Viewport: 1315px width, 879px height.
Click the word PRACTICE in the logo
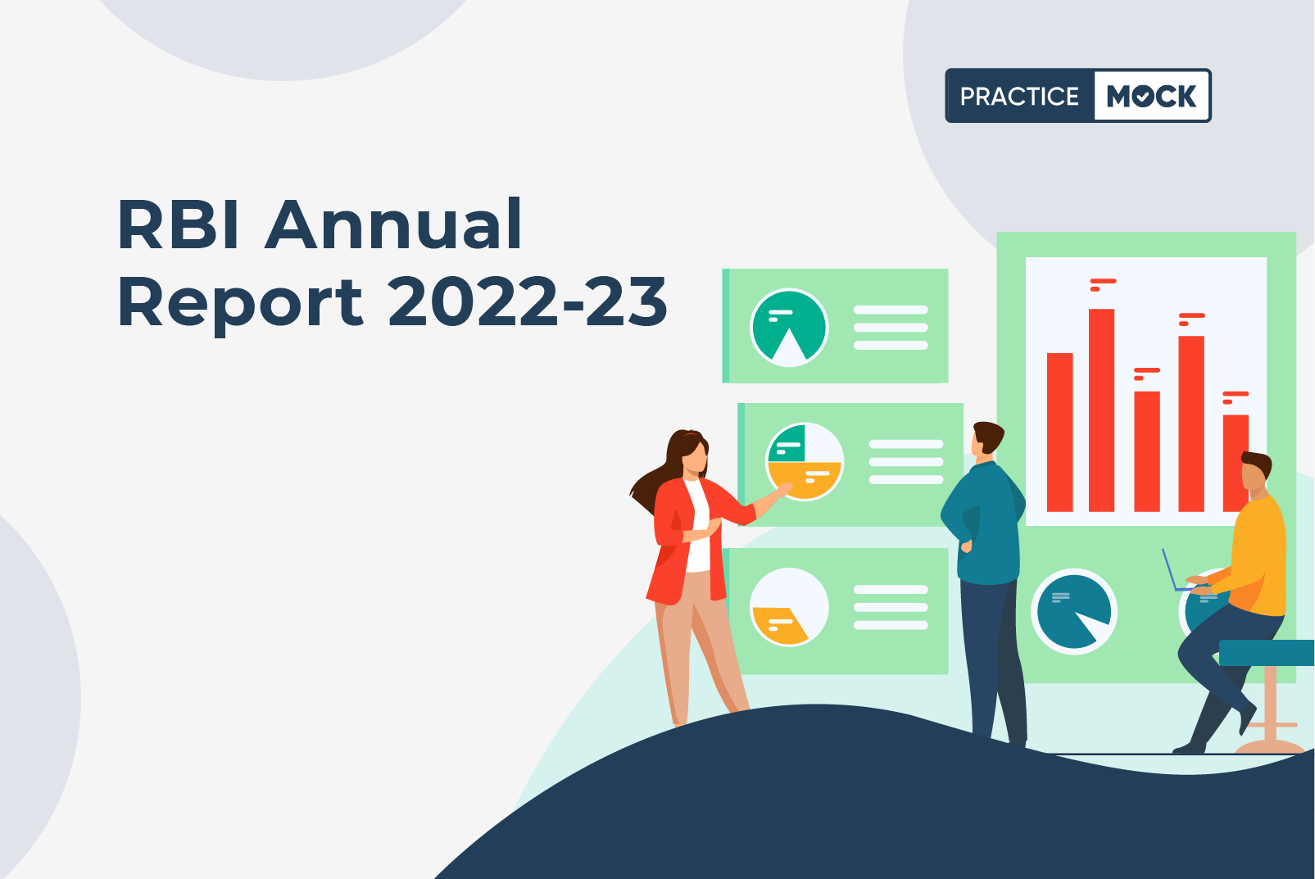(1019, 96)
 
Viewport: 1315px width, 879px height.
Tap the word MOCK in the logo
(1151, 96)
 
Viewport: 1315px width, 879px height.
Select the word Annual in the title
(393, 224)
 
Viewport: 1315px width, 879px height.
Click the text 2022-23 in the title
(527, 301)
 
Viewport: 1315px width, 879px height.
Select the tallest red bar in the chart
(1101, 410)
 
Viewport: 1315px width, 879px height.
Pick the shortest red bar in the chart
(1236, 463)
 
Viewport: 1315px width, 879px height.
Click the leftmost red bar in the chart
(1059, 432)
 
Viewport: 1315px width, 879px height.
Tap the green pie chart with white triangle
(790, 328)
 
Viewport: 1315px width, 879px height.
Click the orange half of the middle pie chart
(805, 479)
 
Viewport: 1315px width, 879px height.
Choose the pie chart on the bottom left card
(790, 607)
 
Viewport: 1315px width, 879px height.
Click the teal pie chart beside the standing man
(1074, 611)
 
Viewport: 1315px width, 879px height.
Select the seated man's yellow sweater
(1256, 557)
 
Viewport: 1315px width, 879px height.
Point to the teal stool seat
(1267, 653)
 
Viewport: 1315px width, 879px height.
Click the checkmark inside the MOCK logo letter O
(1143, 97)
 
